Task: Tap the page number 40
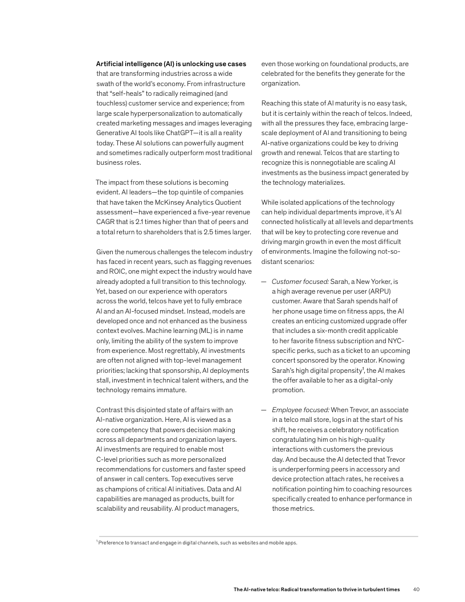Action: tap(416, 589)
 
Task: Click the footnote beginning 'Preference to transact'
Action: tap(197, 543)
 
